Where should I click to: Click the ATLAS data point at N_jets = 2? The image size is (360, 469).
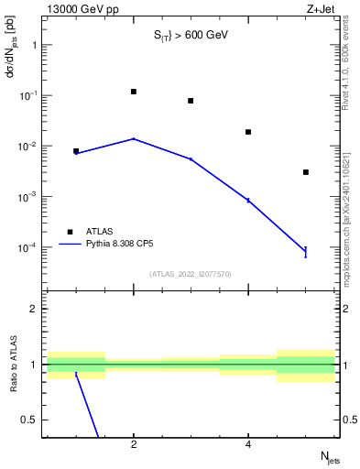point(134,92)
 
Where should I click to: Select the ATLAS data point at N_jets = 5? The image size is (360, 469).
point(306,172)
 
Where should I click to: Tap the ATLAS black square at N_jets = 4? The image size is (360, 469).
point(248,132)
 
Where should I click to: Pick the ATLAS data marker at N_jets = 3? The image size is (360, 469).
point(191,101)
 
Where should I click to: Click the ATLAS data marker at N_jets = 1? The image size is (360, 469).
point(76,151)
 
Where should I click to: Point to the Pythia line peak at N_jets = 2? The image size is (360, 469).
point(134,138)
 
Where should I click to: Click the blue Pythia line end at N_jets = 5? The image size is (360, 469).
point(306,251)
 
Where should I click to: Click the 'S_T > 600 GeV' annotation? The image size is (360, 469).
point(191,35)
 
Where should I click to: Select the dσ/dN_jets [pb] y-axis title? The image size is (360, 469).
point(12,60)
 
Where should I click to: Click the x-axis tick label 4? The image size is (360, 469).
point(248,445)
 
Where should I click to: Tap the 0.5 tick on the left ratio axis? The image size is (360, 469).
point(31,420)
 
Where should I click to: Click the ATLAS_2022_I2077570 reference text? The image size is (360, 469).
point(191,273)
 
